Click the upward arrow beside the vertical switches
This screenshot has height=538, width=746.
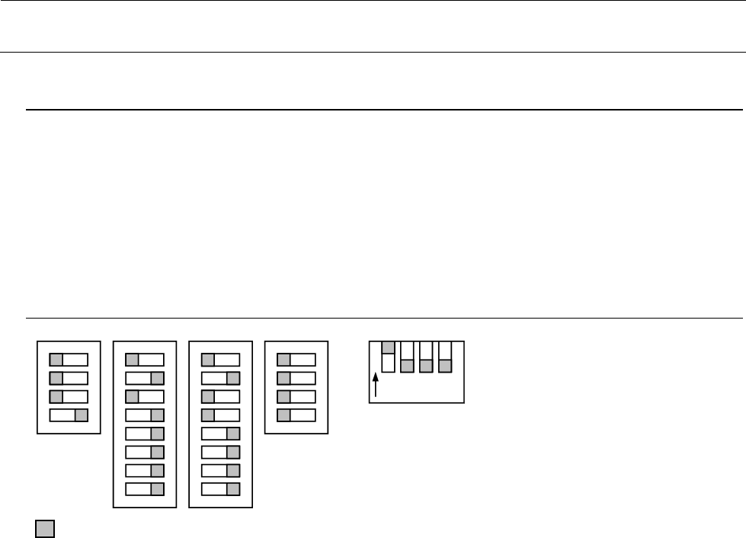point(376,385)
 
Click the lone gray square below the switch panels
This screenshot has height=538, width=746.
point(44,530)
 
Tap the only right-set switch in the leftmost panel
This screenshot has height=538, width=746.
point(69,415)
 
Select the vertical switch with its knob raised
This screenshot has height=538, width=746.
point(388,357)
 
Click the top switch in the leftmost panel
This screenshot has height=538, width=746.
point(69,360)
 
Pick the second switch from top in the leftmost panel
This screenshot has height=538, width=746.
point(69,379)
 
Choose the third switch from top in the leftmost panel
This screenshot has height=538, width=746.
point(69,397)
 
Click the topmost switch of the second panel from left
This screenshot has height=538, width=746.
point(145,360)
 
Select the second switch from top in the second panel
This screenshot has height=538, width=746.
point(145,379)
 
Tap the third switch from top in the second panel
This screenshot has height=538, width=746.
point(145,397)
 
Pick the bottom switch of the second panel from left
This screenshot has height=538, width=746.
point(145,488)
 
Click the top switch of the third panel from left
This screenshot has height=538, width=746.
point(221,360)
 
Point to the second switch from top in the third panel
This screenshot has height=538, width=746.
point(221,379)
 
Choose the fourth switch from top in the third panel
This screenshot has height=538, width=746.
point(221,415)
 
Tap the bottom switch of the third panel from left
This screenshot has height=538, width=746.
point(221,488)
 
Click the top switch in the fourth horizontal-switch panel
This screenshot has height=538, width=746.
point(296,360)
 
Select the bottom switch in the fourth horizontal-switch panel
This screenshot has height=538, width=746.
point(296,415)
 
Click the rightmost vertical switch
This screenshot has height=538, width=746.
point(445,357)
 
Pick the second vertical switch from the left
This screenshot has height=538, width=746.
point(407,357)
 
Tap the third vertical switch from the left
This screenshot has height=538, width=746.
point(426,357)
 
